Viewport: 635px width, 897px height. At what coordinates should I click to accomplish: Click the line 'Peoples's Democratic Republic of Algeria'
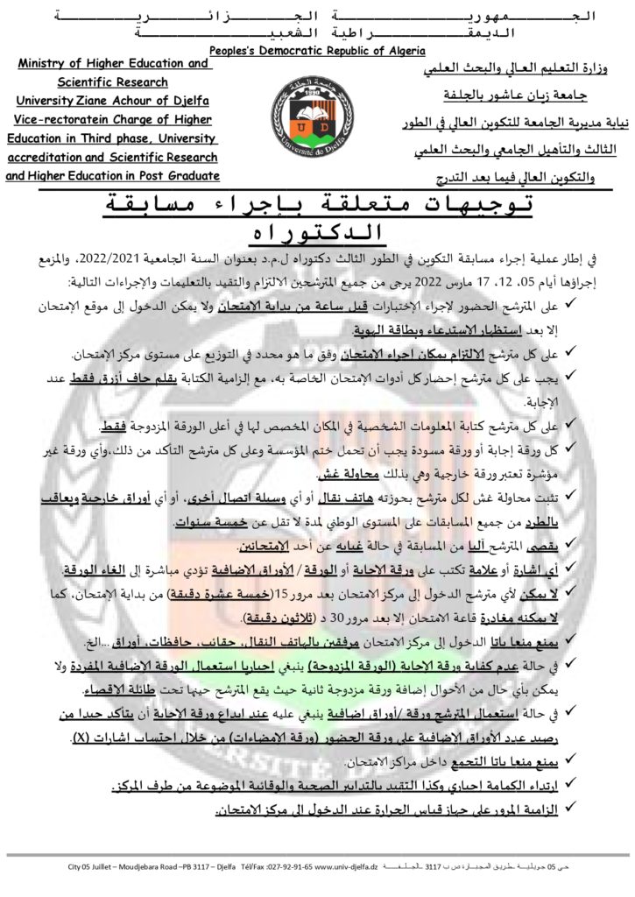[317, 51]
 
